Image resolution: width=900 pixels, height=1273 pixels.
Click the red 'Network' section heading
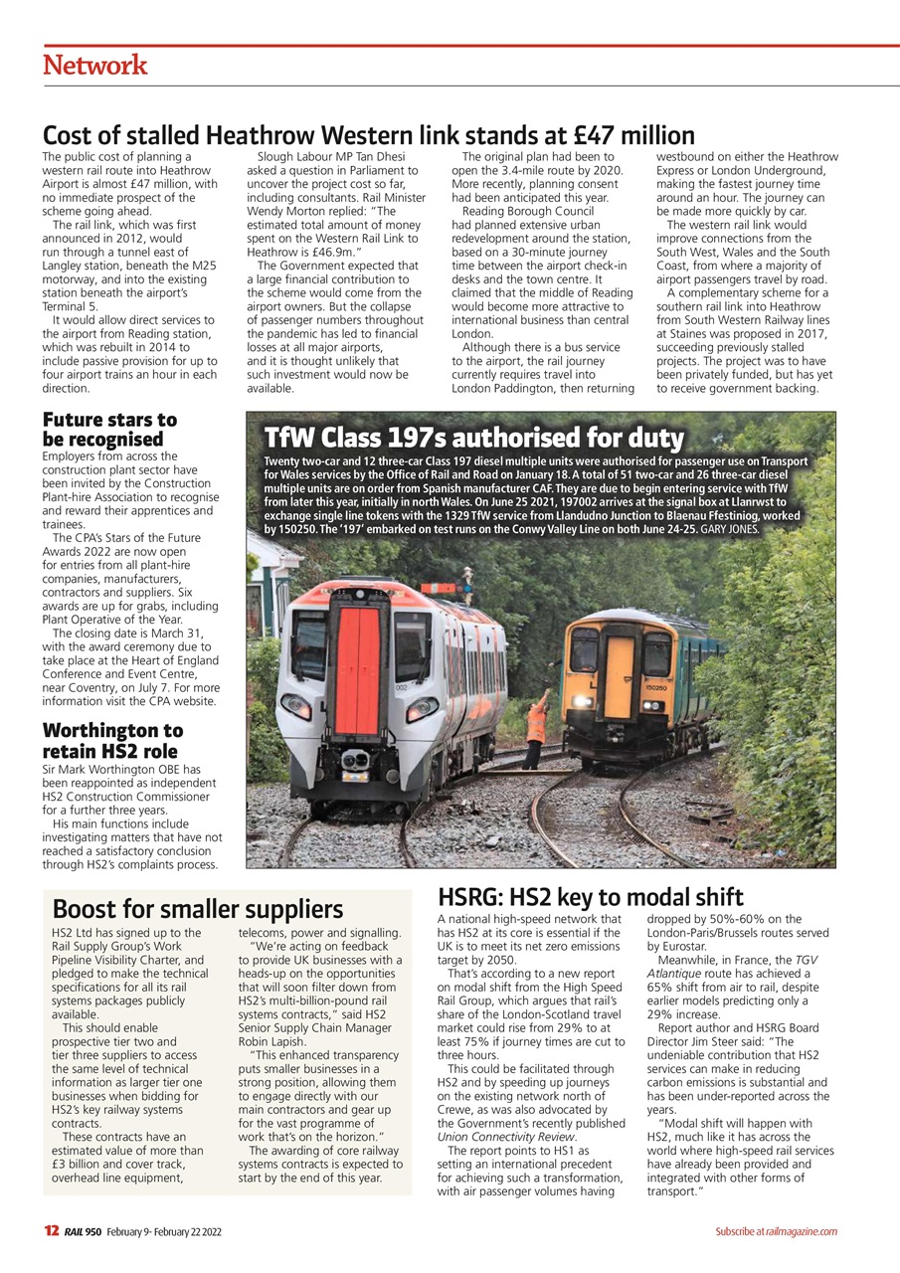point(94,66)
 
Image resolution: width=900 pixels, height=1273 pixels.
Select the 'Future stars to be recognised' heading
point(109,429)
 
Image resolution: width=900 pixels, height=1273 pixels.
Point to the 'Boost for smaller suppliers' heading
point(197,908)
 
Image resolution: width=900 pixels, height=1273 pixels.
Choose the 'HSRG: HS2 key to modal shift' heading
point(591,896)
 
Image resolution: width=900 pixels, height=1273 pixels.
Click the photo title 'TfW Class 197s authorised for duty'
point(473,438)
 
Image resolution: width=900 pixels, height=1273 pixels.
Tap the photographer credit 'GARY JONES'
point(730,530)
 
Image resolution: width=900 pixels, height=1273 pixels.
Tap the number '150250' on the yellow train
point(655,687)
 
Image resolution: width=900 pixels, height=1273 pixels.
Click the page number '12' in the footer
point(51,1231)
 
